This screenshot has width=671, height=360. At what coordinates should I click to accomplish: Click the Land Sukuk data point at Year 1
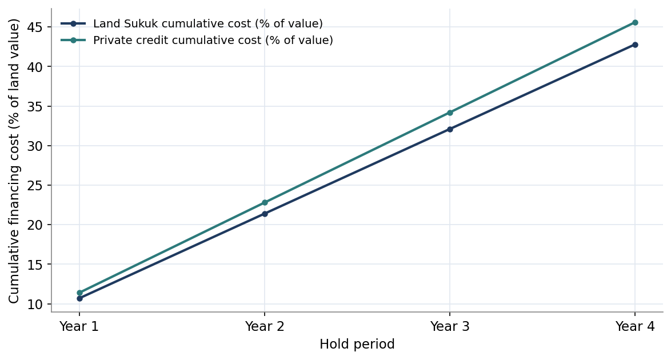point(79,298)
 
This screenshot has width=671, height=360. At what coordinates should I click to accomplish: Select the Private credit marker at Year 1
point(79,293)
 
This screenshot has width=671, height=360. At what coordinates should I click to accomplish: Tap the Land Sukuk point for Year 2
point(265,214)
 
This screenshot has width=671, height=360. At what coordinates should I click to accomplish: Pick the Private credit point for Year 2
point(265,202)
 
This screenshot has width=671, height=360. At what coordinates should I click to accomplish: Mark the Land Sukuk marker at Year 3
point(450,129)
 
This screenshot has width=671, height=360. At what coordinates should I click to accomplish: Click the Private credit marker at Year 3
point(450,113)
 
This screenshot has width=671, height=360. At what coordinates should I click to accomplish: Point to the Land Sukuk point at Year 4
point(635,45)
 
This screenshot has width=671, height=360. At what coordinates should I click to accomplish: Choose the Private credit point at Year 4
point(635,23)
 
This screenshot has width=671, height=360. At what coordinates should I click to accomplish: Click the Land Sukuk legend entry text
point(208,23)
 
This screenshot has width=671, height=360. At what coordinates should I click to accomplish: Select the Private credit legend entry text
point(213,40)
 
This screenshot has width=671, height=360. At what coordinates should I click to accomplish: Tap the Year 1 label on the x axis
point(79,327)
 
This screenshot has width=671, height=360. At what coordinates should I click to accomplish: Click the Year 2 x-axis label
point(265,327)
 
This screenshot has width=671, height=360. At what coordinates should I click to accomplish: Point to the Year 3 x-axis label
point(450,327)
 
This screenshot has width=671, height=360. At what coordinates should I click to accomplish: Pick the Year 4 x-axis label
point(635,327)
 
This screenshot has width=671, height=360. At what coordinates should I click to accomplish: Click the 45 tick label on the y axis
point(36,27)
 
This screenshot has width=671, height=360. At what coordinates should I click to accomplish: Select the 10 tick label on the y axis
point(36,305)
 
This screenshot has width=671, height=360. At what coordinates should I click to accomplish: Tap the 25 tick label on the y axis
point(36,186)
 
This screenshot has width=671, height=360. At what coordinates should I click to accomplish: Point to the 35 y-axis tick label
point(36,107)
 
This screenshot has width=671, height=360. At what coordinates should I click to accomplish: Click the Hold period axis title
point(357,345)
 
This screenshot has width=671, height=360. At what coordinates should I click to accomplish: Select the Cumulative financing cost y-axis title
point(14,161)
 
